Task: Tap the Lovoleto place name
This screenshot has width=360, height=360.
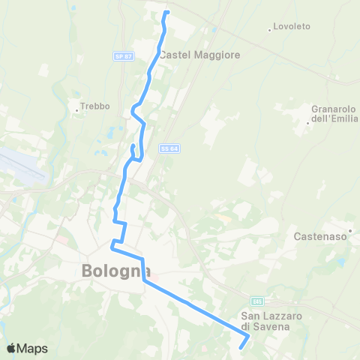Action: pyautogui.click(x=292, y=27)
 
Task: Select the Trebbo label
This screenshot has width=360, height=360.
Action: pyautogui.click(x=92, y=106)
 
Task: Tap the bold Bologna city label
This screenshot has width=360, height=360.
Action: pyautogui.click(x=116, y=271)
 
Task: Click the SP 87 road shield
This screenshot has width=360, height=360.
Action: pyautogui.click(x=123, y=55)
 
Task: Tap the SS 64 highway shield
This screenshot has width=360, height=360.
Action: pyautogui.click(x=167, y=149)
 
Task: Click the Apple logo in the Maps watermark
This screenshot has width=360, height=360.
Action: pyautogui.click(x=11, y=348)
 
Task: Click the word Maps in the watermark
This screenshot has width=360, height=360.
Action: pyautogui.click(x=33, y=348)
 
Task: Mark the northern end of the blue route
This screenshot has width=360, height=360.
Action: pyautogui.click(x=166, y=12)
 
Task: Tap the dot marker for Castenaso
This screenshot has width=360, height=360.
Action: pyautogui.click(x=350, y=230)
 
